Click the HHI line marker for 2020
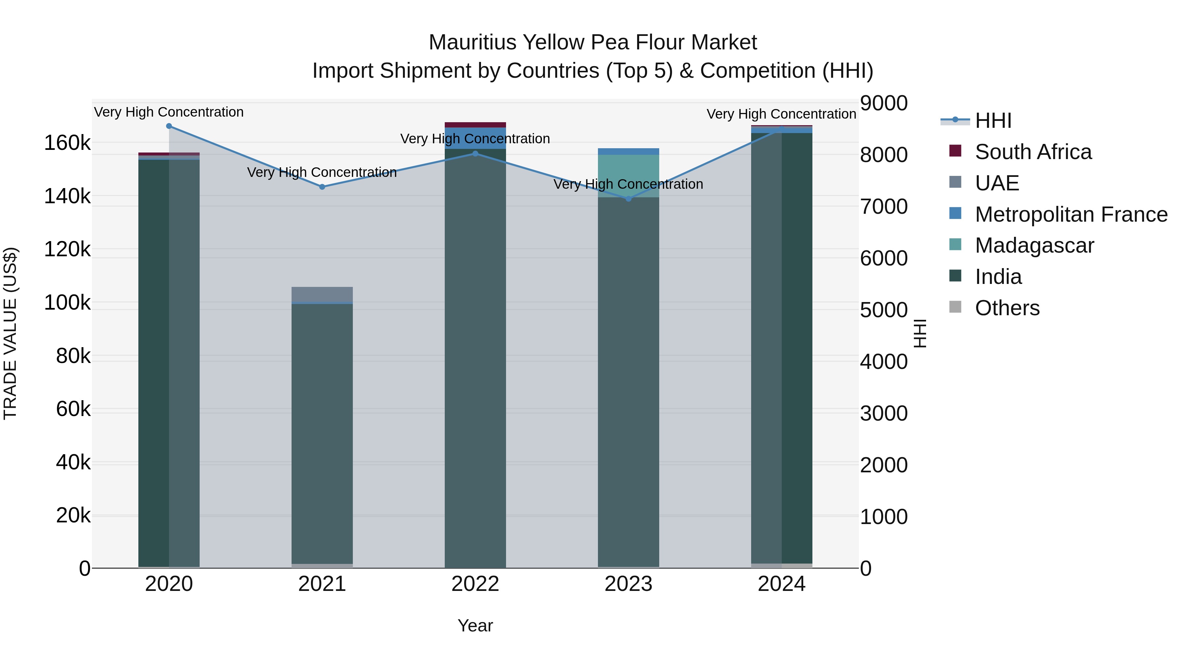click(169, 126)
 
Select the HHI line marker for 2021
click(322, 187)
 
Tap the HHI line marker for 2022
click(475, 154)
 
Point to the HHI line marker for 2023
click(629, 199)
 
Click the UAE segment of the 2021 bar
click(322, 294)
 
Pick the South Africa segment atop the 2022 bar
click(475, 125)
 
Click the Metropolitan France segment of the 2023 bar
click(629, 152)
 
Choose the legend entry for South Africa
click(1033, 152)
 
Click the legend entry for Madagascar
click(1034, 245)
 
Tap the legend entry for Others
click(1007, 308)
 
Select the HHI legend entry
click(993, 121)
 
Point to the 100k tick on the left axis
click(67, 303)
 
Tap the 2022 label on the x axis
click(475, 584)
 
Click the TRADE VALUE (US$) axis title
click(10, 333)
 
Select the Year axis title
click(475, 625)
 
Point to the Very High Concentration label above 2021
click(322, 172)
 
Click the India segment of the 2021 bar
click(322, 433)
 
